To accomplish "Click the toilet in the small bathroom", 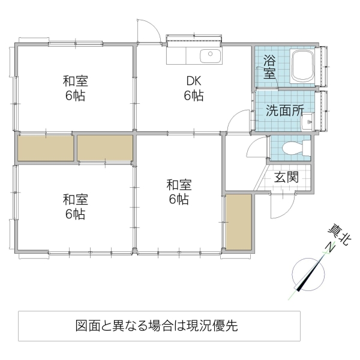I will tap(293, 147).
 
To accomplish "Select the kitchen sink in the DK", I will tap(210, 56).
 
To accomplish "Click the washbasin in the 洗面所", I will tap(308, 124).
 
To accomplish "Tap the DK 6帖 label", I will tap(193, 88).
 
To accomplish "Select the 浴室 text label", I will tap(269, 67).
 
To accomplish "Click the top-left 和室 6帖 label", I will tap(75, 88).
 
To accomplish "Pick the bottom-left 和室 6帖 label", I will tap(75, 206).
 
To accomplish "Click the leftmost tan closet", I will tap(46, 148).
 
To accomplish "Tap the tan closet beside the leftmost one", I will tap(104, 148).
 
